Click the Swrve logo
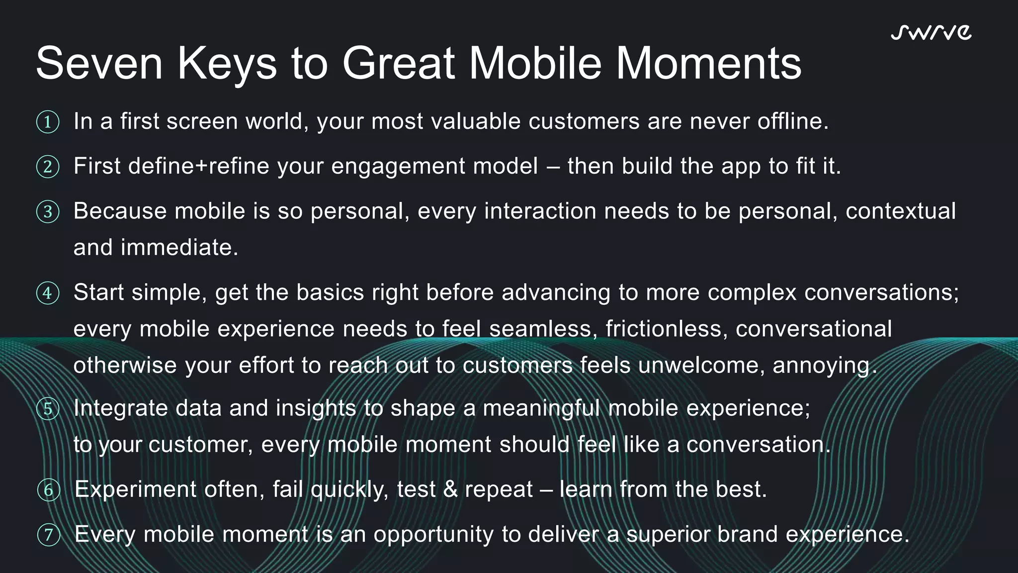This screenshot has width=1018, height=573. pos(931,32)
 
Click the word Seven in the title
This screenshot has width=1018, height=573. pos(99,63)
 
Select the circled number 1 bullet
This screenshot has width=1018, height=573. pos(48,122)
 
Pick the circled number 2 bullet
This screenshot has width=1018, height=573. pos(48,167)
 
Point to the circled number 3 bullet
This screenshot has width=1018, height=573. pos(48,212)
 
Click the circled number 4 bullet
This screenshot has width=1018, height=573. pos(48,293)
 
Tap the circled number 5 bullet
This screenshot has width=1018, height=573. pos(48,409)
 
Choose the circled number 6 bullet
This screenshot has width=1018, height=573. pos(49,490)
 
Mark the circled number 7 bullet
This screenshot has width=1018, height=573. pos(49,535)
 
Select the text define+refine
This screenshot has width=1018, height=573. pos(198,166)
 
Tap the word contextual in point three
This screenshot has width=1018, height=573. pos(900,211)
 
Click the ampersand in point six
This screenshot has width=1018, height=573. pos(450,489)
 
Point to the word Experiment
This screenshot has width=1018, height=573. pos(135,489)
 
